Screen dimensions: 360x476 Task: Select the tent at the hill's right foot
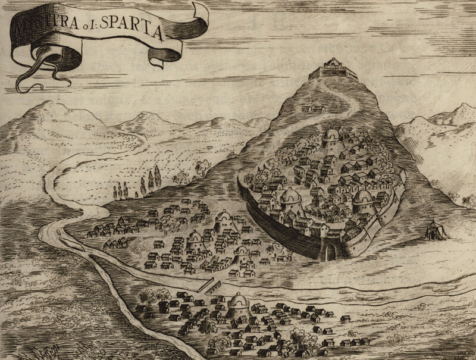click(437, 230)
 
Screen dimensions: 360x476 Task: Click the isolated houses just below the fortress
click(314, 108)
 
